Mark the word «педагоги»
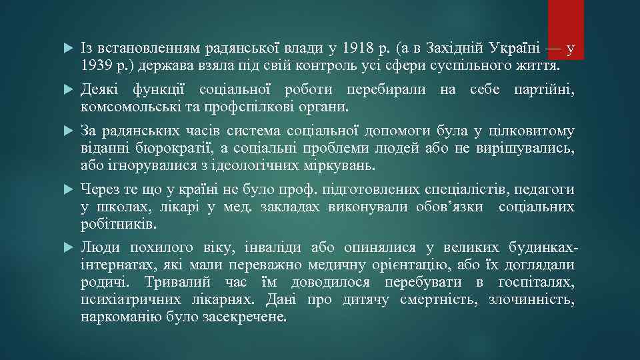(x=544, y=189)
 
